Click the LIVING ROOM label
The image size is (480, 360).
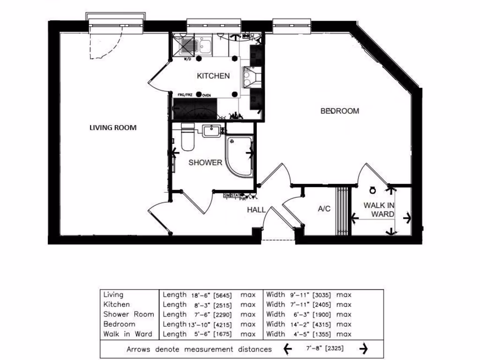113,127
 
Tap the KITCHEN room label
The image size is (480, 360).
213,76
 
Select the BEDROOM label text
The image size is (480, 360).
339,111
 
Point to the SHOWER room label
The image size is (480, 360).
205,163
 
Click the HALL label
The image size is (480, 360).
256,210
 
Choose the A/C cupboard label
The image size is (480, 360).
324,209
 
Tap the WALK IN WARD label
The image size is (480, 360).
379,210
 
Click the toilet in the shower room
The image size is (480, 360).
188,138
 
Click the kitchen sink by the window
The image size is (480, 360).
205,45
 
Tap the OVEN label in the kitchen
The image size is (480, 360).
207,95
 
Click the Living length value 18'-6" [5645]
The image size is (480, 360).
212,295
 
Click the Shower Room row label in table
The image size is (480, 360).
128,315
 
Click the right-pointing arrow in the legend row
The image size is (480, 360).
363,349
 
